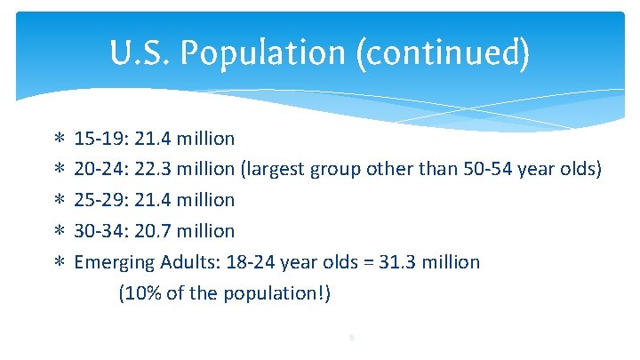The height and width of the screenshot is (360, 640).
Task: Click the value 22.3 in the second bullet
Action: (x=154, y=170)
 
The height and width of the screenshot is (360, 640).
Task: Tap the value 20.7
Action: (x=154, y=231)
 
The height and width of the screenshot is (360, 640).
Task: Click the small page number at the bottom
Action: (x=352, y=337)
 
